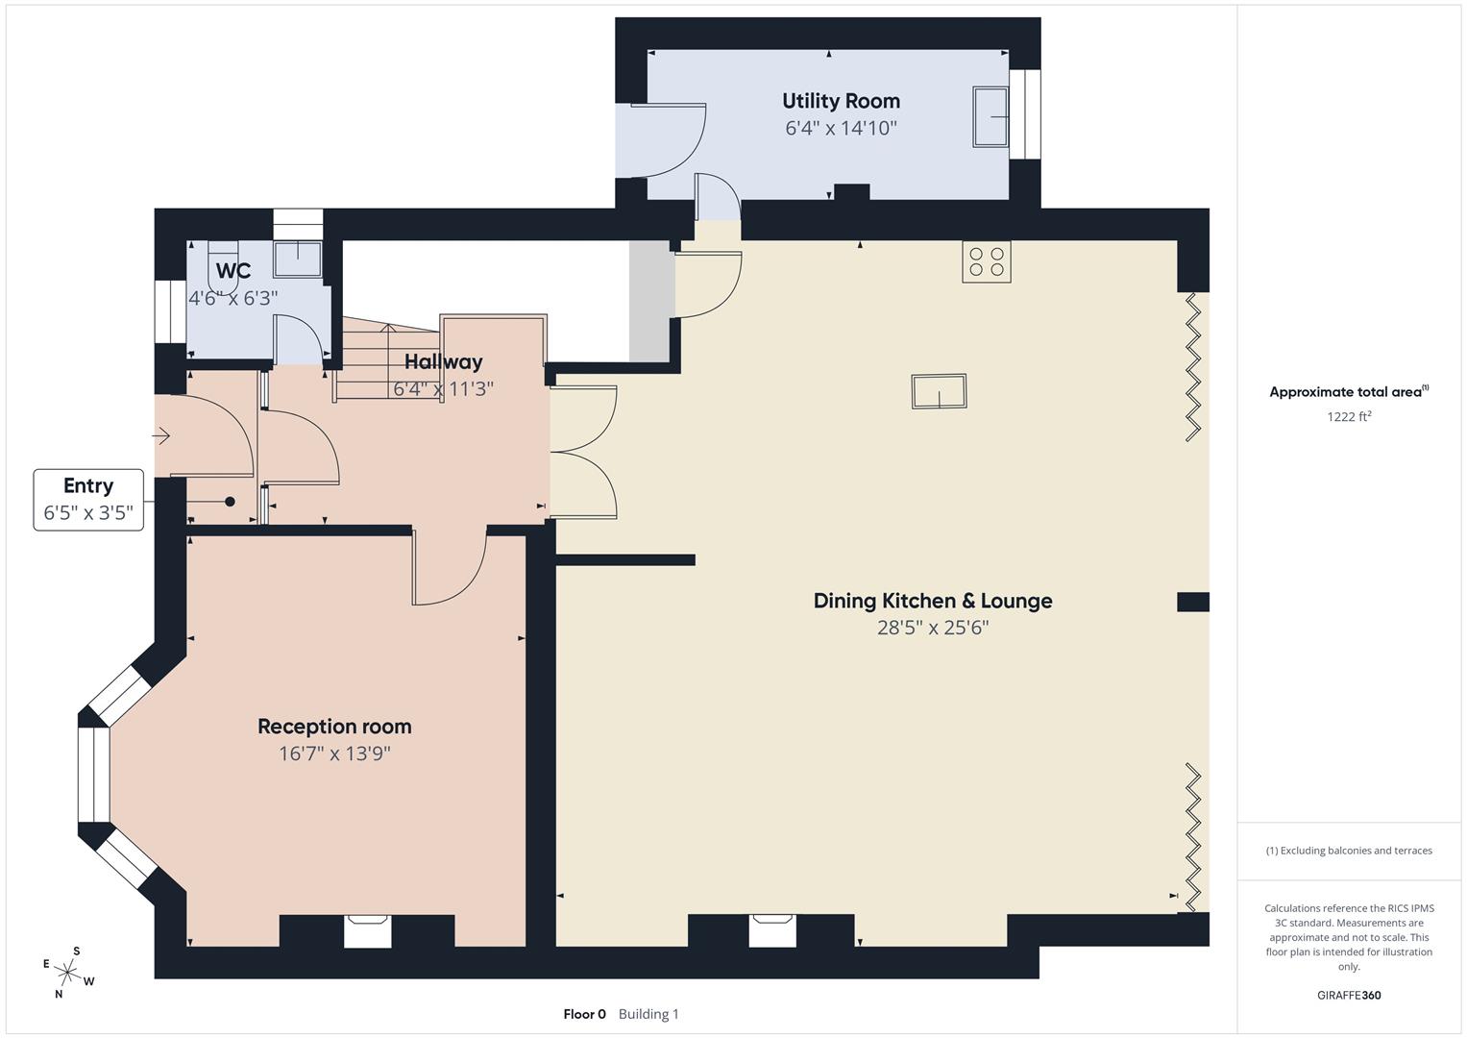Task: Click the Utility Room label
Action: click(841, 101)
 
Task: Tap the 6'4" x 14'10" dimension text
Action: click(841, 128)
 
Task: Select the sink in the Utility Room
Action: click(990, 116)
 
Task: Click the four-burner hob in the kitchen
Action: click(987, 261)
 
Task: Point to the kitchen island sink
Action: click(939, 391)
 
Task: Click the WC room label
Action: click(233, 271)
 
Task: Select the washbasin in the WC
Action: click(298, 258)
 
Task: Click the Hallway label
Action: click(443, 362)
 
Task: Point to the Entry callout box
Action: click(88, 500)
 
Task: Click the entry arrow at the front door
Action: click(161, 437)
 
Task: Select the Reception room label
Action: click(334, 727)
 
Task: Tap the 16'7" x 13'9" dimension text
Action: click(334, 754)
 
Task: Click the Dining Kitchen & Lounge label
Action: click(933, 601)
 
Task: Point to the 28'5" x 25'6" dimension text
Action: click(933, 628)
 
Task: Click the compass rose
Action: click(68, 972)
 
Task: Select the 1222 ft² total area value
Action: click(1348, 416)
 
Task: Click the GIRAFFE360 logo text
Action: click(1348, 995)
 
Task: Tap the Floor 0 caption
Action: click(584, 1014)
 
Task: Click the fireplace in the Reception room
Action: click(368, 930)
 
